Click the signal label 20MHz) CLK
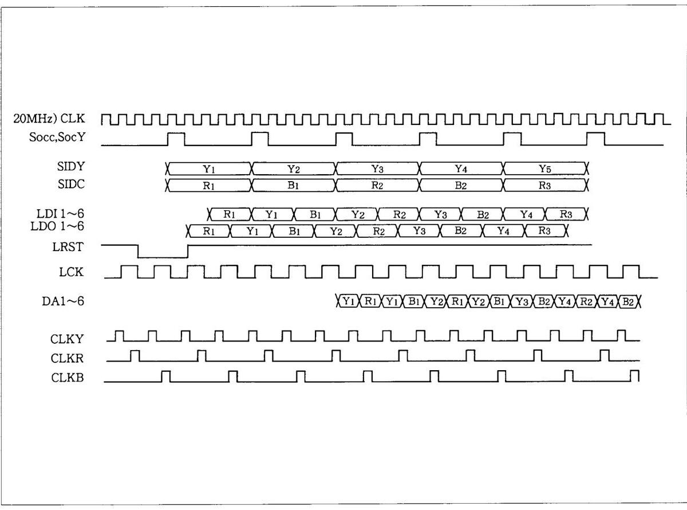(x=49, y=119)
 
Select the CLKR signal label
(x=68, y=359)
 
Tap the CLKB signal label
(x=68, y=378)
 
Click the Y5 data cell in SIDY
(x=545, y=168)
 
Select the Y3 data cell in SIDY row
(x=377, y=168)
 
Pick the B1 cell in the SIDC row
(x=293, y=186)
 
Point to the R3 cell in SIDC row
(x=545, y=186)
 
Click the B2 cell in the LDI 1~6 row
(x=483, y=215)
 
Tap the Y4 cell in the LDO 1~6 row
(x=503, y=232)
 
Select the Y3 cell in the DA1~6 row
(x=521, y=301)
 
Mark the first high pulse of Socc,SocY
(x=176, y=139)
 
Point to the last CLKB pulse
(x=634, y=376)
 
